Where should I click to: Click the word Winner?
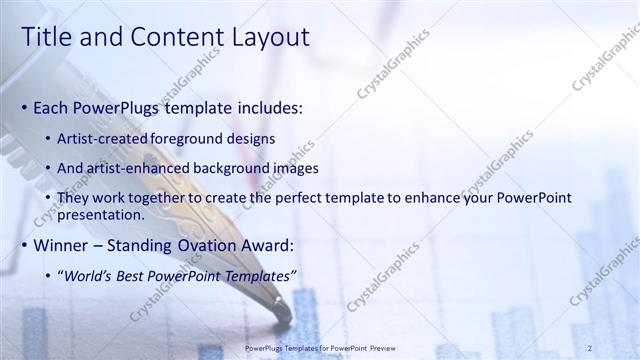pos(62,245)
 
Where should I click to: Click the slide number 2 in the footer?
pos(590,347)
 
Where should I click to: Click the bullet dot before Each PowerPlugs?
pos(24,108)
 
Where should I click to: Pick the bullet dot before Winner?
pos(24,246)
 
